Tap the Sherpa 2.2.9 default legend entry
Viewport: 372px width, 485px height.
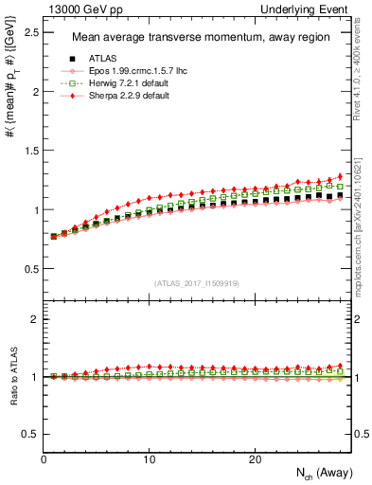point(117,96)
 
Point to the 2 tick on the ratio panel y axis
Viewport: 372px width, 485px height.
point(37,319)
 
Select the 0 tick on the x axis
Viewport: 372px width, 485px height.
point(44,458)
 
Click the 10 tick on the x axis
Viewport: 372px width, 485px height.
point(149,458)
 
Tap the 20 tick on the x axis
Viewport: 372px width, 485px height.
point(254,458)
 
